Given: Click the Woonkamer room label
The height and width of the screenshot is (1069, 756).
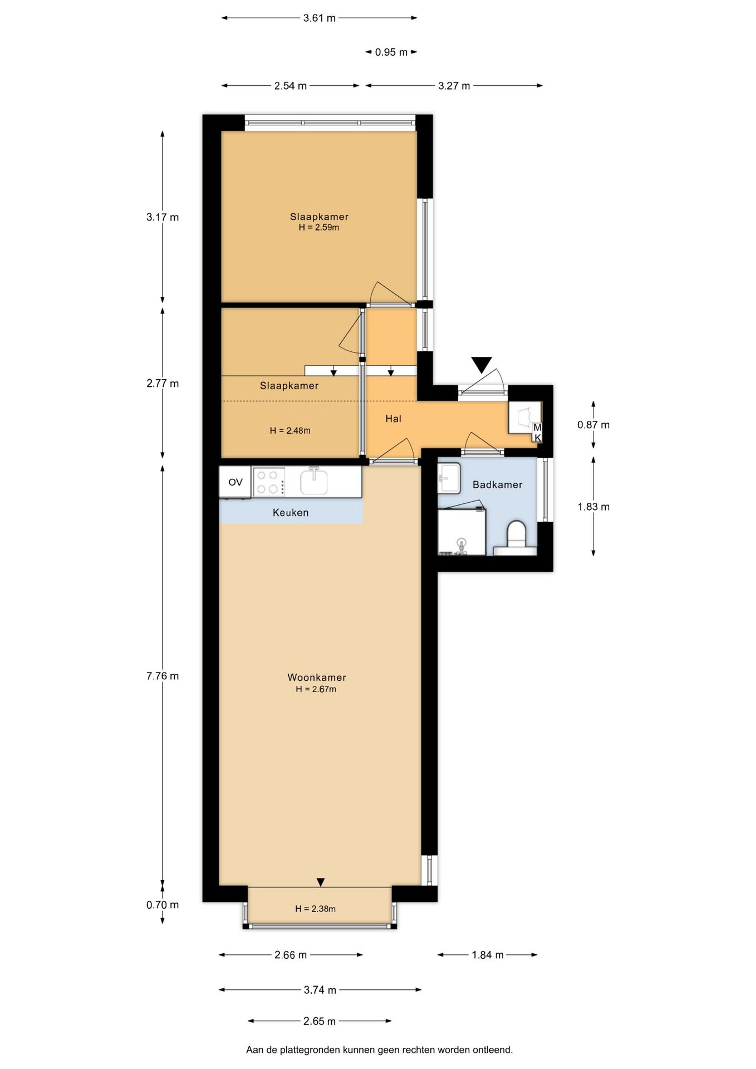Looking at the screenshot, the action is pos(317,678).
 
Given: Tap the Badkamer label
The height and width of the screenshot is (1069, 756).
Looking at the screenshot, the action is pos(497,485).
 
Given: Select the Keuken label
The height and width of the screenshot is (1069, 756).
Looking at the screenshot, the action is pos(291,513).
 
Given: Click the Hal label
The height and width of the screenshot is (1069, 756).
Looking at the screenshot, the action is pos(393,419).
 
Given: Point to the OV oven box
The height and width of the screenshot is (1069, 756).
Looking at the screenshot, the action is pos(235,482).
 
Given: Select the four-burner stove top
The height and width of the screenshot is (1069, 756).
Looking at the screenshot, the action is pos(269,482).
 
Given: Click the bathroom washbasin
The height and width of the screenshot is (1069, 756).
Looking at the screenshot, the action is pos(449,478).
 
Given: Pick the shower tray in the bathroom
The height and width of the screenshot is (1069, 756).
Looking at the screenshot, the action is pos(462,532).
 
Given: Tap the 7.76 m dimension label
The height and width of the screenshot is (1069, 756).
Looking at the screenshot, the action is pos(163,676).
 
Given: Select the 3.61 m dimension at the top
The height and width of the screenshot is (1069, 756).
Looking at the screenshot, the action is pos(320,18).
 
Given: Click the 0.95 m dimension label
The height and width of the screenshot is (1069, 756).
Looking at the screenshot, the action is pos(391,52).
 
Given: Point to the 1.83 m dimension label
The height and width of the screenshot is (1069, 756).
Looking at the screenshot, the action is pos(593,507).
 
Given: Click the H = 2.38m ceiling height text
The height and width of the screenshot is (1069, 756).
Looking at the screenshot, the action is pos(315,909).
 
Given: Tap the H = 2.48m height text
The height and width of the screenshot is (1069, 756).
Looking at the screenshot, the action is pos(290,430).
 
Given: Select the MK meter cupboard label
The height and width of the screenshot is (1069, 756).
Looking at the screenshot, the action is pos(537,433).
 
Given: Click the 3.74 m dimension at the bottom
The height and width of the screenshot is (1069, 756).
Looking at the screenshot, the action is pos(320,990).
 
